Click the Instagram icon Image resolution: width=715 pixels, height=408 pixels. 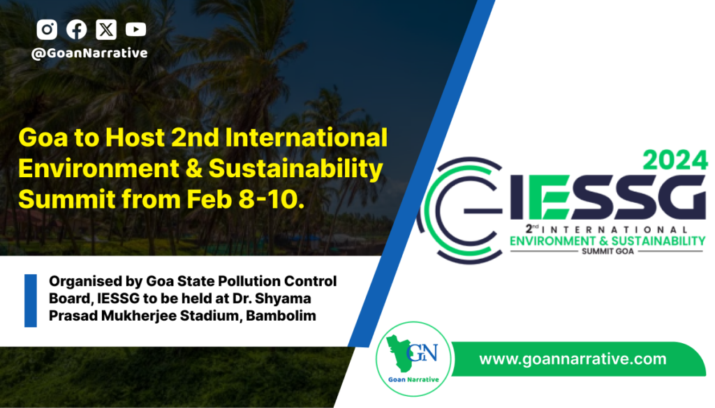point(47,29)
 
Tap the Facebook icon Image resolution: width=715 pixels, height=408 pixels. point(77,29)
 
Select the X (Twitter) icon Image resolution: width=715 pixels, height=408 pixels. point(106,29)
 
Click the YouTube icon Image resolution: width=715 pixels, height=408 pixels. point(136,29)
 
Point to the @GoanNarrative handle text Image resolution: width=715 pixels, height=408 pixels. point(89,53)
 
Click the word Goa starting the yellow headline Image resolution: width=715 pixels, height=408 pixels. point(43,137)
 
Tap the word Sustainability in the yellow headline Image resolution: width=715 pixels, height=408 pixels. point(295,169)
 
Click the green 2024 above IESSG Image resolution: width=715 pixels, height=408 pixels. point(675,160)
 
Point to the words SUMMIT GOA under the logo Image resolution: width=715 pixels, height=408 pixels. point(608,251)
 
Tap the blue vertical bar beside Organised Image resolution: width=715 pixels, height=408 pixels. point(31,301)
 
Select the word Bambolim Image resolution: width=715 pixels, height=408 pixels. point(281,315)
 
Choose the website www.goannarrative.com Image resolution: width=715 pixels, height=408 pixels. point(573,359)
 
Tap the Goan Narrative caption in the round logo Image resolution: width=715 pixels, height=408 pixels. point(413,379)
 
